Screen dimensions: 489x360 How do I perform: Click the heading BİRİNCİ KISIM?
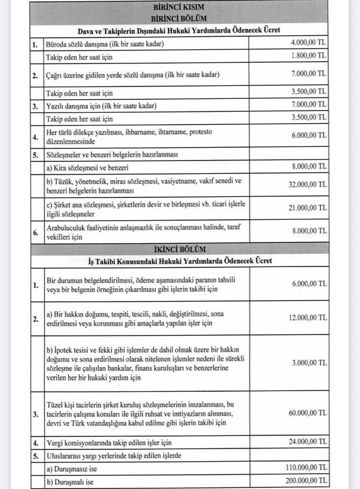[x=178, y=7]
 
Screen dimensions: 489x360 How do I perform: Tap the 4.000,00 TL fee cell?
[x=309, y=43]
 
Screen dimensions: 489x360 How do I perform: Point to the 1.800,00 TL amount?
[x=309, y=56]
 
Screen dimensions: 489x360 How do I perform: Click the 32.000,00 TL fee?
[x=307, y=184]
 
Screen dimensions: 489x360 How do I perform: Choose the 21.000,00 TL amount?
[x=307, y=208]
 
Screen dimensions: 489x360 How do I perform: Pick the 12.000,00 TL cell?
[x=307, y=318]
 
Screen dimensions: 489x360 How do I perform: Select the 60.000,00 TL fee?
[x=307, y=413]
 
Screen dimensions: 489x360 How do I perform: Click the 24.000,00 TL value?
[x=307, y=442]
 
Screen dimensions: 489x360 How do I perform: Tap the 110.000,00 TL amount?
[x=306, y=467]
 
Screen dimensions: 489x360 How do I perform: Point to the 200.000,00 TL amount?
[x=306, y=481]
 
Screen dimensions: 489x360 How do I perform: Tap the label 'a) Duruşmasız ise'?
[x=72, y=468]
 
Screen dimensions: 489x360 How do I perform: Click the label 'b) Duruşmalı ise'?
[x=70, y=481]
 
